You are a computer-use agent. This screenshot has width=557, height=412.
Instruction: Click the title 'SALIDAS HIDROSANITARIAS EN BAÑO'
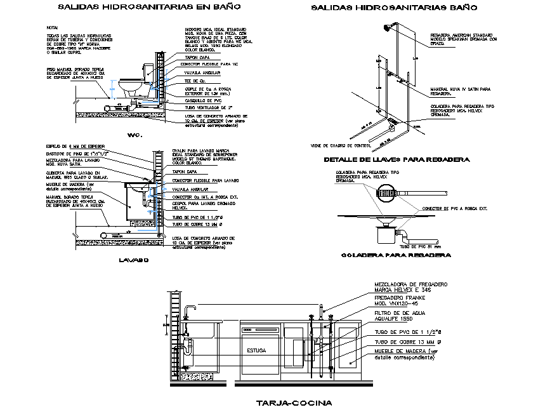click(140, 8)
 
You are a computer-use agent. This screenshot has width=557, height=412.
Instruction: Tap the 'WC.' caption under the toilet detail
click(133, 135)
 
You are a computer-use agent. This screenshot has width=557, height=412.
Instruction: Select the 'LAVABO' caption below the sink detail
click(133, 260)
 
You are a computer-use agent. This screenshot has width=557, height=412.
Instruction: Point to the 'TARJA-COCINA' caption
click(293, 402)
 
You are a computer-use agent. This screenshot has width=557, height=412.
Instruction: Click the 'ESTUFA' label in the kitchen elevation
click(258, 350)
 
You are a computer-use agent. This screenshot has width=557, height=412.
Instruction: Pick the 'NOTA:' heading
click(52, 28)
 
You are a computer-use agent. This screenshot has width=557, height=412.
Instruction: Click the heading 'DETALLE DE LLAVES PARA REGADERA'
click(396, 159)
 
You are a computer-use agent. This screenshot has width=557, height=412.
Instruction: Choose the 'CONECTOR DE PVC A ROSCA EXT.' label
click(453, 208)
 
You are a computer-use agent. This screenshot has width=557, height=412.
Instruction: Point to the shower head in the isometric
click(384, 27)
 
